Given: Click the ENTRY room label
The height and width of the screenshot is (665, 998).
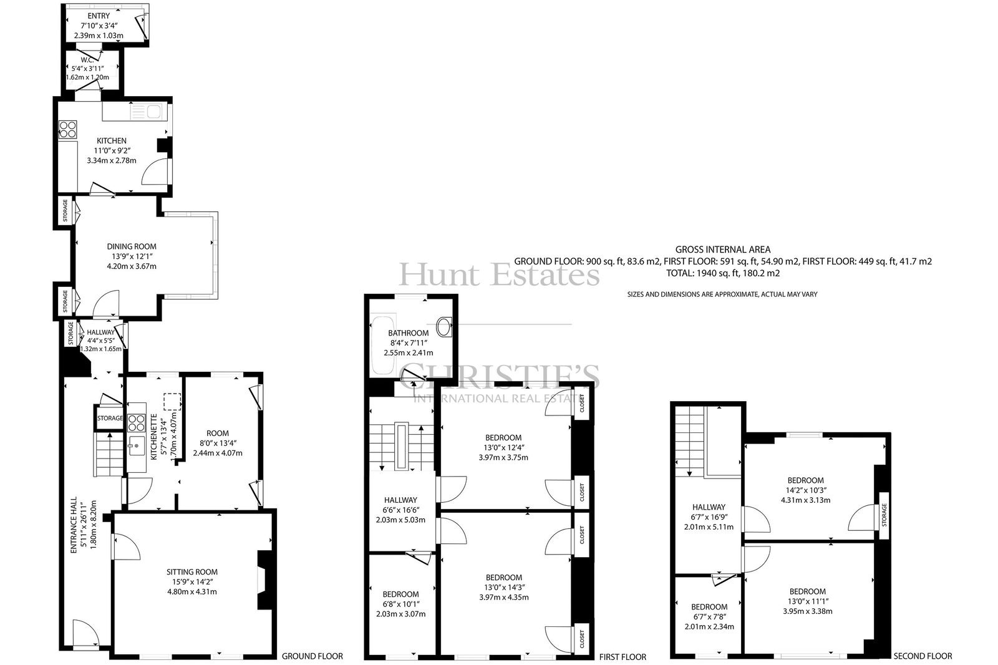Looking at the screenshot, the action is (99, 16).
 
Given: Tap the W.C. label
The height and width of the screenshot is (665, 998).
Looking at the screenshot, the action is (87, 60).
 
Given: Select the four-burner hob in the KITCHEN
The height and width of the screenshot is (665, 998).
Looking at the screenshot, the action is (68, 129).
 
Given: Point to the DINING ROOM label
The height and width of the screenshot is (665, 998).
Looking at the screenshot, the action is (132, 246).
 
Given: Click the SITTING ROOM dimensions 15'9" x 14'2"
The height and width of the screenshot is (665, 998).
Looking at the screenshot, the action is (192, 581).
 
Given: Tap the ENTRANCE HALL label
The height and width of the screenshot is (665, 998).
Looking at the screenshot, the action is (74, 525).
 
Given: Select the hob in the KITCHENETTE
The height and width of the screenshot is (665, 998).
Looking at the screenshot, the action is (137, 423).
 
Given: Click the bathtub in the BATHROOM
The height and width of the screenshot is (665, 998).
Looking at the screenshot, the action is (383, 346).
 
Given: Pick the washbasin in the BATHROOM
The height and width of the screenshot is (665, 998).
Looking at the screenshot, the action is (443, 327).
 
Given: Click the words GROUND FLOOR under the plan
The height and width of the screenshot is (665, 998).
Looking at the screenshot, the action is (312, 656).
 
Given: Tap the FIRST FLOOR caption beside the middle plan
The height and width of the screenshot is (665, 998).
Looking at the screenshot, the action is (623, 657).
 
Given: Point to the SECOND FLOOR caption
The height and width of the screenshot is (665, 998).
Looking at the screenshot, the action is (923, 656).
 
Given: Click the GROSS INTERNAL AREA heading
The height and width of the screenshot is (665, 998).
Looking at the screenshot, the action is (723, 250).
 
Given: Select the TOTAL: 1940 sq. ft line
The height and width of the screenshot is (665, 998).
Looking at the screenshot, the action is (723, 273).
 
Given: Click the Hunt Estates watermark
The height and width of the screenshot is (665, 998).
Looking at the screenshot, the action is (499, 274).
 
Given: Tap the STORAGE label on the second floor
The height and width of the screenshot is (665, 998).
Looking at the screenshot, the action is (884, 515).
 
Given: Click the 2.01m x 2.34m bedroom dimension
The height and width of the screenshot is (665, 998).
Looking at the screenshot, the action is (709, 626).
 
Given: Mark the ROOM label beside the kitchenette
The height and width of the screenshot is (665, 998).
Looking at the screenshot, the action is (218, 433).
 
